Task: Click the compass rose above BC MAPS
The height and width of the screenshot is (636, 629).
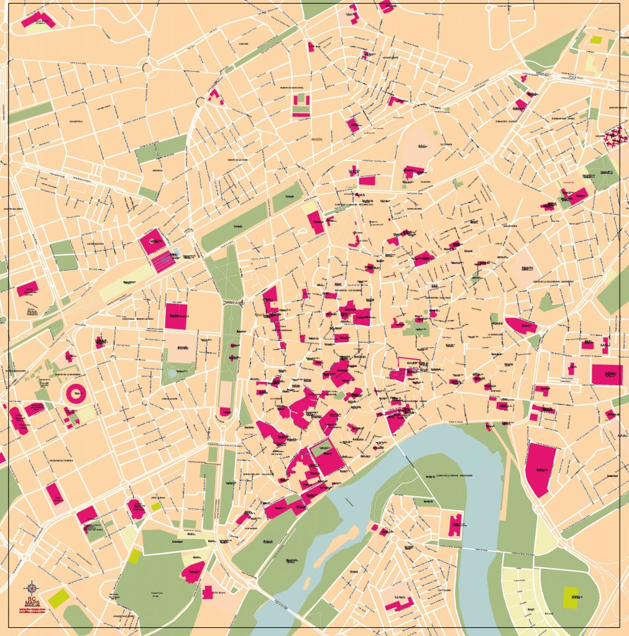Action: (32, 586)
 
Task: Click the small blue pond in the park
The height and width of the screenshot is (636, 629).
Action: (172, 374)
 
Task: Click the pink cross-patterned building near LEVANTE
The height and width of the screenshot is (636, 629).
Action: (614, 135)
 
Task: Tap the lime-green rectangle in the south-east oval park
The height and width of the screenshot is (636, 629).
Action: (571, 597)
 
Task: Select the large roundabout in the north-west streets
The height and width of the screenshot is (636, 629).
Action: (148, 65)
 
